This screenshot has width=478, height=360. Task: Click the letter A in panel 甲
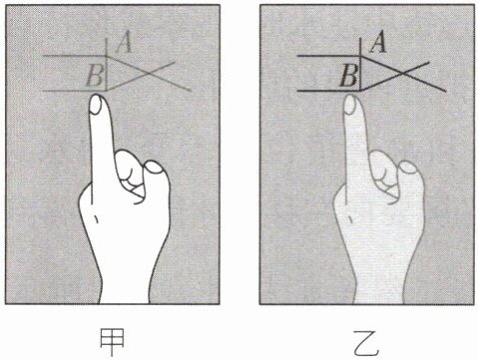[124, 42]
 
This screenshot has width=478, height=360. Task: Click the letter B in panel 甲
[95, 76]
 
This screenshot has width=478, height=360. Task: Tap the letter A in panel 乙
[378, 42]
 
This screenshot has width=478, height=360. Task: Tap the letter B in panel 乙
[349, 76]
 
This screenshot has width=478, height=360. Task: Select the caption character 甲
[113, 343]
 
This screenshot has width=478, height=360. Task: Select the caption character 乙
[366, 343]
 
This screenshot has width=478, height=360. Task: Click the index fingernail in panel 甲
[96, 105]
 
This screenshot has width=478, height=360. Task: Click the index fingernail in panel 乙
[350, 105]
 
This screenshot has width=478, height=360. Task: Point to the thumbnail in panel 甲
[154, 168]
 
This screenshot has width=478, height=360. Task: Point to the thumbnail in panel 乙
[408, 168]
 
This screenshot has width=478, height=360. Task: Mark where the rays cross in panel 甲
[149, 73]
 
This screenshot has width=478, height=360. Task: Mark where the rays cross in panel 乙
[403, 73]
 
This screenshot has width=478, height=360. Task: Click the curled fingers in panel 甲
[131, 176]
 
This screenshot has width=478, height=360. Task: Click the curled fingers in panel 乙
[385, 176]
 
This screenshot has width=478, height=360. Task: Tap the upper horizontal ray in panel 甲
[75, 56]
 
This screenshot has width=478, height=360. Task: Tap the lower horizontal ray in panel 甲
[75, 91]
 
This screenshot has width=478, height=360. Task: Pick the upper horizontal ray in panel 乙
[329, 56]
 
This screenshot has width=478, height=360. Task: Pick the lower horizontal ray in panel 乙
[329, 91]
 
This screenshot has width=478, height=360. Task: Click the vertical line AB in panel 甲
[107, 65]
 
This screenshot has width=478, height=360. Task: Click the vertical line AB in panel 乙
[361, 65]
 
